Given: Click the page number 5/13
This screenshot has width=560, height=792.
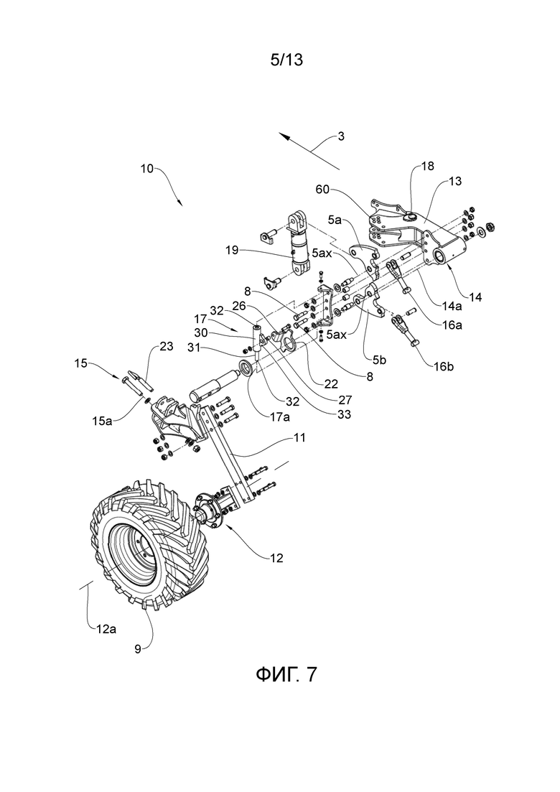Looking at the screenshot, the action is pyautogui.click(x=286, y=60).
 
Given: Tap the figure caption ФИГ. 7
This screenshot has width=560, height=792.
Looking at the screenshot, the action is pyautogui.click(x=286, y=674).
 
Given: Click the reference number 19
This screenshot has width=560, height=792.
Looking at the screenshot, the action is pyautogui.click(x=232, y=250).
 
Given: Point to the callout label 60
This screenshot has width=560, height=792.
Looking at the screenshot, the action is pyautogui.click(x=322, y=189).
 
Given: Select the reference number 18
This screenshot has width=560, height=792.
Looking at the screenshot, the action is pyautogui.click(x=427, y=166).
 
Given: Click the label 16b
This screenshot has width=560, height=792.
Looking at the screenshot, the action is pyautogui.click(x=443, y=367).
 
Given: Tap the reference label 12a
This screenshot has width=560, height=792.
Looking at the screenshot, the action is pyautogui.click(x=106, y=629).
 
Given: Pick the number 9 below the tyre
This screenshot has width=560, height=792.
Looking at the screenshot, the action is pyautogui.click(x=138, y=649).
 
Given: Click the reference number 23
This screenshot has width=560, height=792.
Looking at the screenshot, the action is pyautogui.click(x=166, y=346).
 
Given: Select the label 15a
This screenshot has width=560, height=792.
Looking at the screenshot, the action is pyautogui.click(x=102, y=420).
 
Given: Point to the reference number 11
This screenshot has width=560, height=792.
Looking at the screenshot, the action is pyautogui.click(x=299, y=437).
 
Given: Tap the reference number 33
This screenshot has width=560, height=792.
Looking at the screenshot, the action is pyautogui.click(x=345, y=415).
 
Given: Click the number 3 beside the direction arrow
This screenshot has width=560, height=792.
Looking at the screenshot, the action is pyautogui.click(x=341, y=136).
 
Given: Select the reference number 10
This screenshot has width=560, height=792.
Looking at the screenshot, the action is pyautogui.click(x=146, y=168).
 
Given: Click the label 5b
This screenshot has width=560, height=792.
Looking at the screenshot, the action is pyautogui.click(x=379, y=360).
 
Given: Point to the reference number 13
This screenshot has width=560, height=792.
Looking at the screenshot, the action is pyautogui.click(x=455, y=181).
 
